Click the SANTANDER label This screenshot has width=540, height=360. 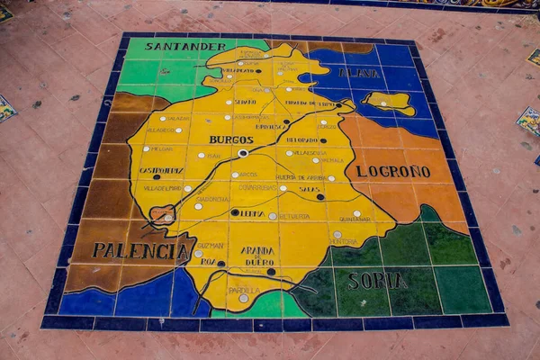pos(185,46)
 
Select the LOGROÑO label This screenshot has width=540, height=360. pos(392,171)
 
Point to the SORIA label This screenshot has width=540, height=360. pos(377,281)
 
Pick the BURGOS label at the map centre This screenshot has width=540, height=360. pos(231,139)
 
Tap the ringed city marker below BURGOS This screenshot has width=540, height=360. pos(242,153)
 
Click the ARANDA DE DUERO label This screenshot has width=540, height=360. pos(257,256)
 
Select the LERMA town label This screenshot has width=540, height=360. pos(251,214)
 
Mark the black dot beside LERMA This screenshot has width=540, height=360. pos(235,212)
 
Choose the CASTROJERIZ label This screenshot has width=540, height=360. pos(161,169)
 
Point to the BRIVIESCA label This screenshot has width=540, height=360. pos(272,126)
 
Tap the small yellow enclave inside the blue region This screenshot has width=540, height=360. pos(390,102)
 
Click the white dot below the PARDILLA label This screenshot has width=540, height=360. pos(243,298)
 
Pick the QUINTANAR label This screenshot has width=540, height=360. pos(354,219)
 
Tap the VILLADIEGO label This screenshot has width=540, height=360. pos(160,130)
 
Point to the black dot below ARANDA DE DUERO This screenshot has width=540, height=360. pos(270,271)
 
